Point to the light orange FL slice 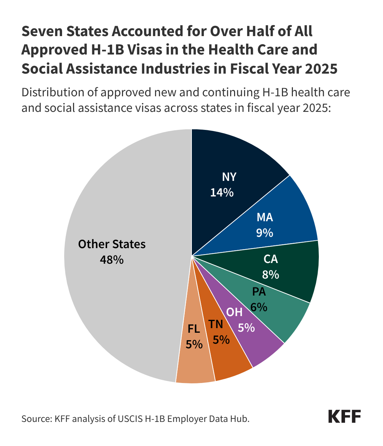pos(195,365)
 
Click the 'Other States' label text pos(112,244)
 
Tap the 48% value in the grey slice pos(112,260)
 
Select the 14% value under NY pos(222,193)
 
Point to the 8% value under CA pos(271,274)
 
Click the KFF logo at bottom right pos(344,416)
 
